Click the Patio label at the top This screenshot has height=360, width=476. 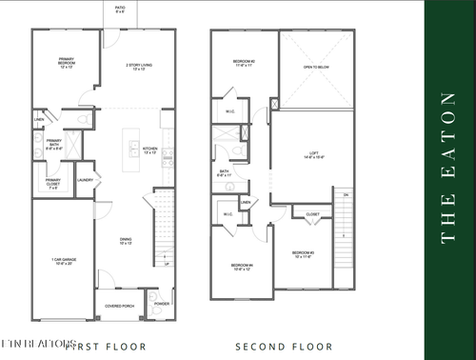(x=119, y=10)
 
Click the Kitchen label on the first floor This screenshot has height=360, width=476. (x=149, y=150)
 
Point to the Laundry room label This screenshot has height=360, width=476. (x=84, y=178)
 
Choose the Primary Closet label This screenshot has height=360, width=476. (x=54, y=183)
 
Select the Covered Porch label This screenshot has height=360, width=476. (x=119, y=307)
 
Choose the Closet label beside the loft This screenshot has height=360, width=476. (x=312, y=215)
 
